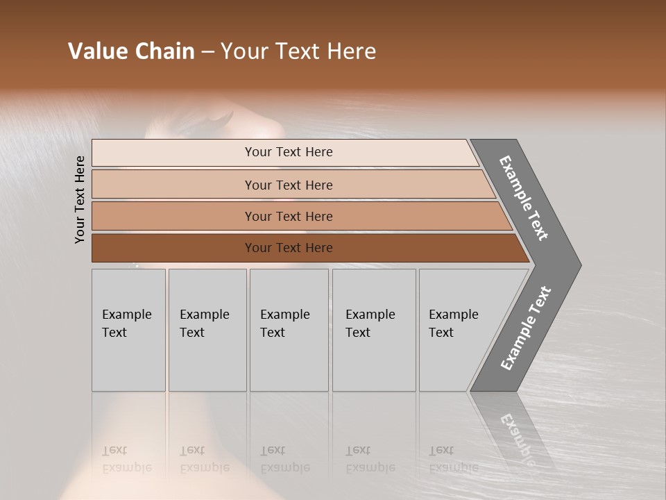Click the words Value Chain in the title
tap(131, 51)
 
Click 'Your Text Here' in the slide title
tap(298, 51)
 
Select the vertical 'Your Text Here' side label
tap(80, 200)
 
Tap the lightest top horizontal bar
tap(288, 152)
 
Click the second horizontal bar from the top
tap(288, 185)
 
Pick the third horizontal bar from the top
tap(288, 216)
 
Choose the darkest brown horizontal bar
tap(288, 248)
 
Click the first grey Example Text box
tap(128, 330)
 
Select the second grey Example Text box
tap(207, 330)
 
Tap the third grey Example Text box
tap(288, 330)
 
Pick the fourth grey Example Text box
tap(373, 330)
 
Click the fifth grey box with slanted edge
tap(458, 330)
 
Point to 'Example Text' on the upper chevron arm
tap(524, 198)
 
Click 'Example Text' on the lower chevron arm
tap(526, 328)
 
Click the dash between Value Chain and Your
tap(207, 52)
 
